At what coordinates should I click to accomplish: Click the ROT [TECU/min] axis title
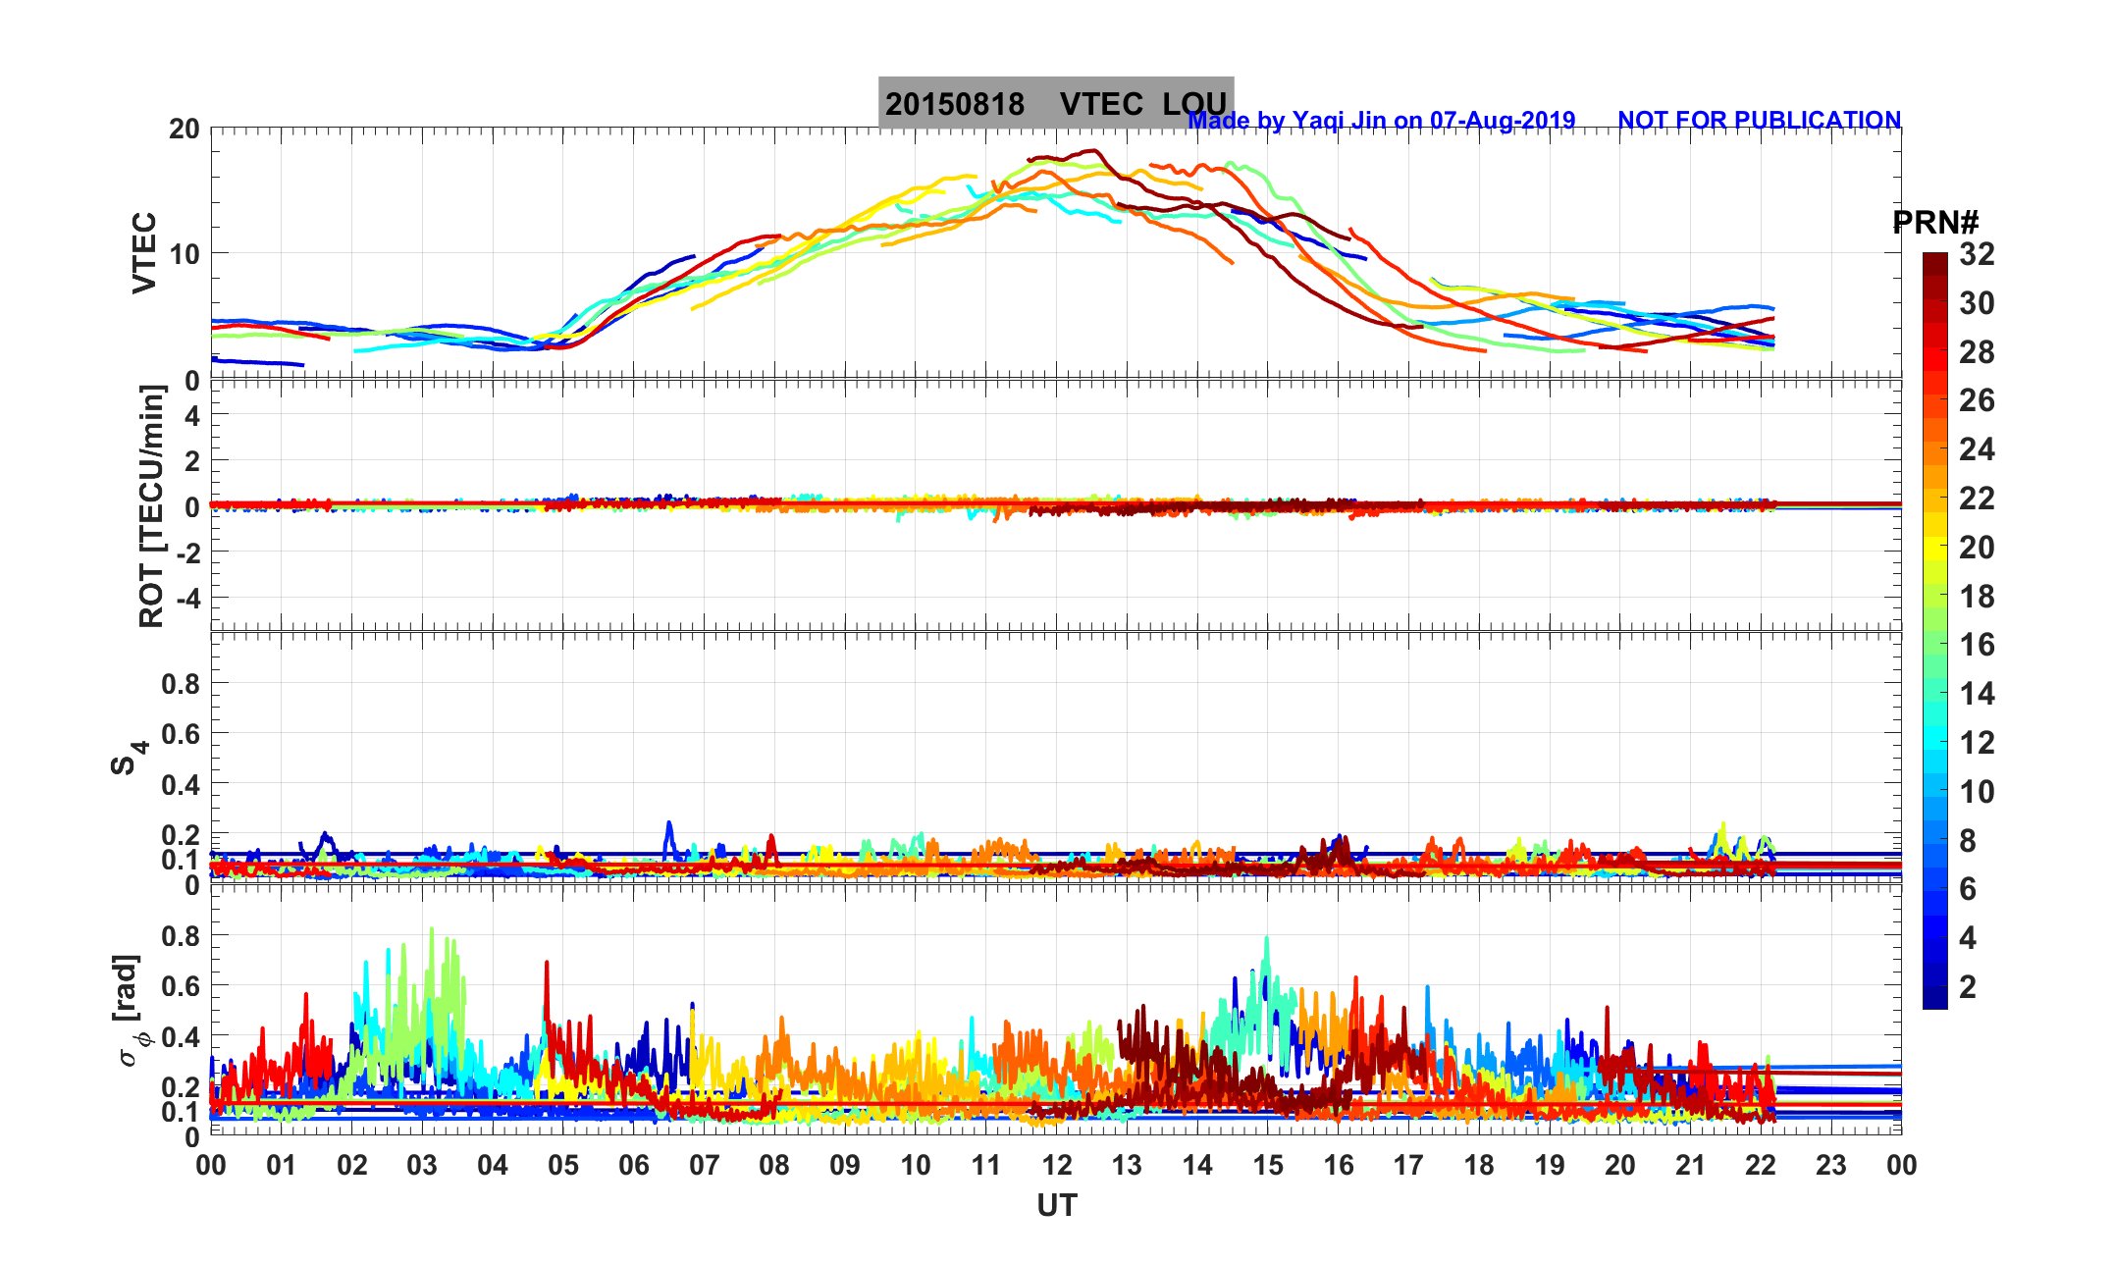(x=151, y=506)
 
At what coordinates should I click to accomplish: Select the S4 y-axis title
(x=127, y=757)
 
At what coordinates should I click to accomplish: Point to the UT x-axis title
(x=1056, y=1205)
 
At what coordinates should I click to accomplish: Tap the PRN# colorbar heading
(x=1935, y=223)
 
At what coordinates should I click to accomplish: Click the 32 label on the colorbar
(x=1977, y=255)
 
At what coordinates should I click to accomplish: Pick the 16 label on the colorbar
(x=1977, y=645)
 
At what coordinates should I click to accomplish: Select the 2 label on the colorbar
(x=1968, y=987)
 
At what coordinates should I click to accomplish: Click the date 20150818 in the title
(x=954, y=104)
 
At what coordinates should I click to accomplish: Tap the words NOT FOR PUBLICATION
(x=1759, y=121)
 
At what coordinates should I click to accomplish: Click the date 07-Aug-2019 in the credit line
(x=1502, y=121)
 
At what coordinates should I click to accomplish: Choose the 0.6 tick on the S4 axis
(x=180, y=734)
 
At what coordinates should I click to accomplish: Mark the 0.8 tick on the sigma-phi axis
(x=180, y=936)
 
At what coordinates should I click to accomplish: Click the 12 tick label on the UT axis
(x=1056, y=1166)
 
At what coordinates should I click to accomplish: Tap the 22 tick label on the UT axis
(x=1761, y=1166)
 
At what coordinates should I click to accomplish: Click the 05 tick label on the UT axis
(x=563, y=1166)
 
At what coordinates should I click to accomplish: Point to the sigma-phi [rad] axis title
(x=132, y=1011)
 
